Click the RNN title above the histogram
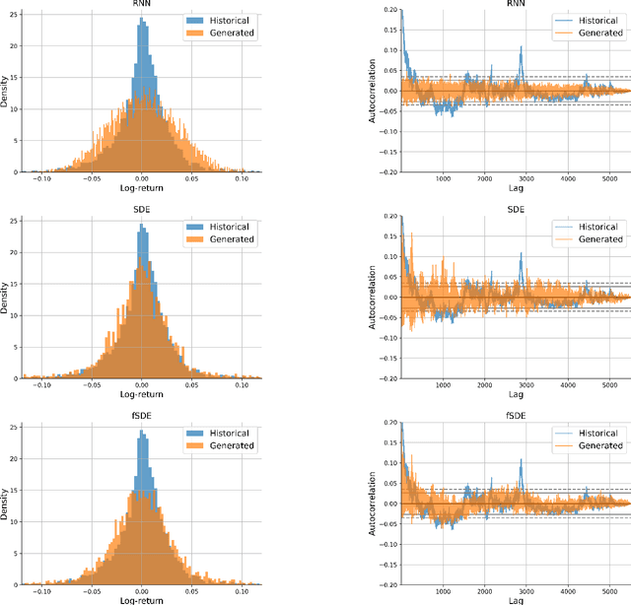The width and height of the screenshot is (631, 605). click(143, 4)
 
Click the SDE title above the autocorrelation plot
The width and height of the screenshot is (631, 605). click(515, 209)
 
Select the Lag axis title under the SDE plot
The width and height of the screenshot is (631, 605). click(515, 392)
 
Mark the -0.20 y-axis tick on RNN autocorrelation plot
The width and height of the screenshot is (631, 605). click(386, 172)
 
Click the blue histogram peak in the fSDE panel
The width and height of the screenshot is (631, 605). click(143, 432)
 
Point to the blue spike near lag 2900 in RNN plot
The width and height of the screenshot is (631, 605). click(522, 49)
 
